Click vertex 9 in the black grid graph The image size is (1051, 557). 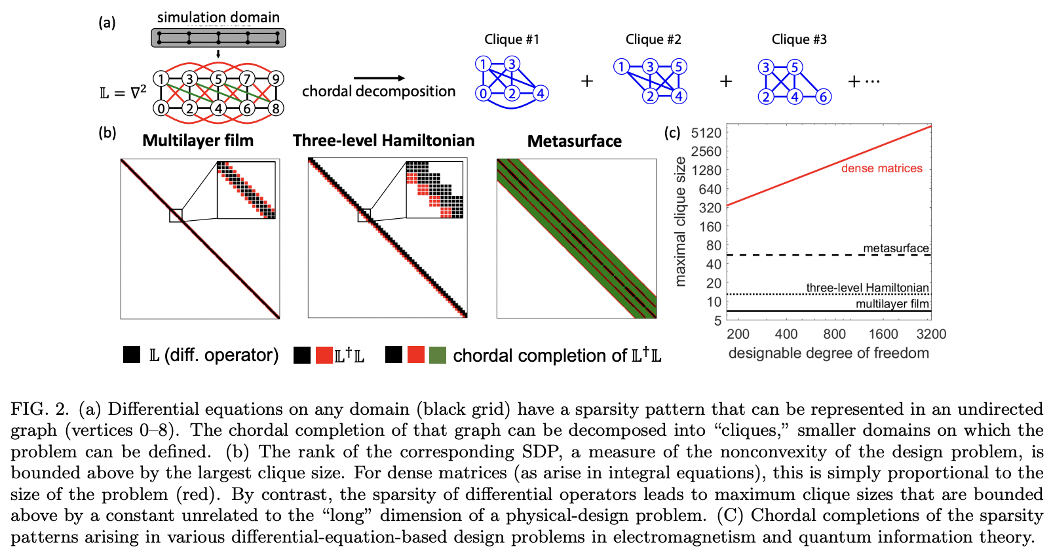276,79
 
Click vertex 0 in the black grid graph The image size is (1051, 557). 161,108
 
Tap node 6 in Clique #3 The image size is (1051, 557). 823,97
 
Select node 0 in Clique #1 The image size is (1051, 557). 483,94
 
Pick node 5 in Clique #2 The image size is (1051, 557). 679,66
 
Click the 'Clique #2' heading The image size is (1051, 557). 653,39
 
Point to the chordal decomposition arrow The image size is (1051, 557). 379,79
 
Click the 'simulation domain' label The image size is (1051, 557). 218,18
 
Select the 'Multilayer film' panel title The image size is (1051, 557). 198,140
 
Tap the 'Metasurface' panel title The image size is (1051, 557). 575,141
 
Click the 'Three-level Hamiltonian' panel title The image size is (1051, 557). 383,140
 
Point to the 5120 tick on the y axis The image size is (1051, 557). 706,133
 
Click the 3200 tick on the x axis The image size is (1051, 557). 930,334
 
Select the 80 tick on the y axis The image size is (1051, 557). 713,246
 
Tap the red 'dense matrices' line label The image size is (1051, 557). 881,168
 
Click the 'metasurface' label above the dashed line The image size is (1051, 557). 896,248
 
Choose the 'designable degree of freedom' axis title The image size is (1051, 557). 828,353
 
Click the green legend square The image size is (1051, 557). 437,355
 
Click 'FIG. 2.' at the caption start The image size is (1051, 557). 40,410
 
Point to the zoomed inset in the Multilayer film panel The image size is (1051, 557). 246,189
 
